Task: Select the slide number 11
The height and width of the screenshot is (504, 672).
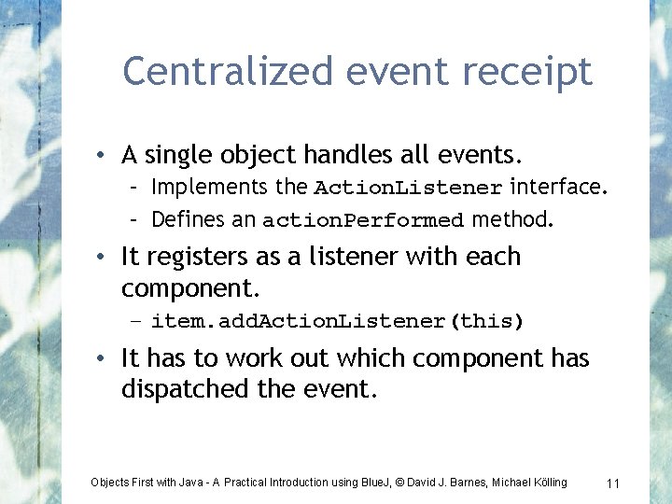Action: pyautogui.click(x=613, y=483)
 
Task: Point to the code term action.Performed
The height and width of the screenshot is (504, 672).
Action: pyautogui.click(x=363, y=221)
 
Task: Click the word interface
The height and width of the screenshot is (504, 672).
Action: pyautogui.click(x=558, y=188)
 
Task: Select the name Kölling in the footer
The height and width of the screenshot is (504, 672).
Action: pyautogui.click(x=547, y=483)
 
